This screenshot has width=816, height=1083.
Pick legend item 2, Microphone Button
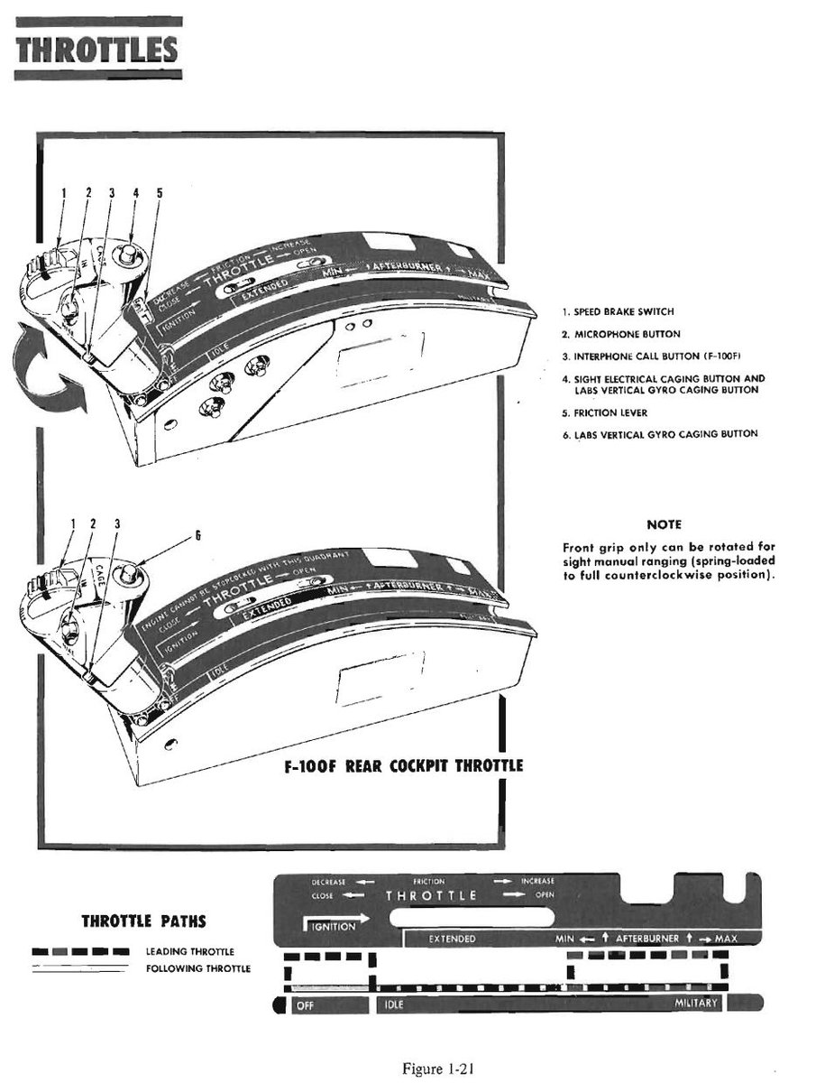(620, 334)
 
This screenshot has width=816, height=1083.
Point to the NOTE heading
(664, 524)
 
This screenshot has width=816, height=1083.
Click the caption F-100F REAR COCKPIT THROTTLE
(402, 766)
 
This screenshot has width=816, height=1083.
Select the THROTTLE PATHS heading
(143, 921)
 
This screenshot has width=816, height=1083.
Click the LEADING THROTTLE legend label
(189, 951)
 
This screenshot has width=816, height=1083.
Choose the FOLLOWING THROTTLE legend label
(197, 969)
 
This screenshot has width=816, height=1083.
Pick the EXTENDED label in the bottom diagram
(452, 940)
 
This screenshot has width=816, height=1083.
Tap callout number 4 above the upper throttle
(134, 192)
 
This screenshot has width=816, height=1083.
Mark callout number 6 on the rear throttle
(197, 534)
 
